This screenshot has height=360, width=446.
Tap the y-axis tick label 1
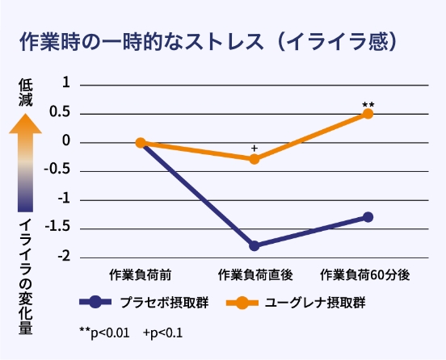[x=66, y=85]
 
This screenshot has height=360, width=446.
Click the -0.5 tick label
[x=60, y=171]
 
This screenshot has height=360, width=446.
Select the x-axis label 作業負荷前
[x=140, y=275]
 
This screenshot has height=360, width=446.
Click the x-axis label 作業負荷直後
[x=254, y=275]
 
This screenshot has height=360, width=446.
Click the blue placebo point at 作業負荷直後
[x=255, y=245]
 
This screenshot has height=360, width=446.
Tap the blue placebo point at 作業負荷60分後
[x=368, y=217]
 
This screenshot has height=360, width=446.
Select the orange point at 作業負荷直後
[x=255, y=159]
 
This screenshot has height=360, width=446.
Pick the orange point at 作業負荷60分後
[x=368, y=114]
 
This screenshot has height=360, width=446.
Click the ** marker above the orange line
[x=368, y=104]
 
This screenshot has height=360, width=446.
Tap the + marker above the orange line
[x=255, y=149]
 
